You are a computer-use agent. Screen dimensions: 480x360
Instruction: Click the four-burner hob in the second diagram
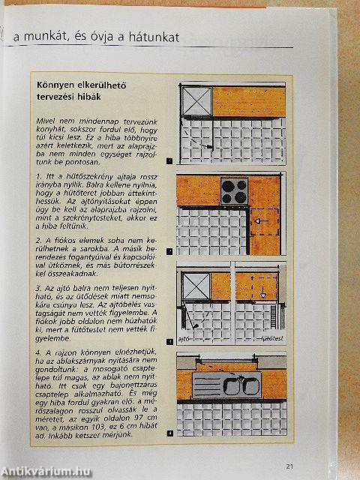(234, 190)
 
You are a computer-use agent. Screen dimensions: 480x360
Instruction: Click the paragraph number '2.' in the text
(39, 240)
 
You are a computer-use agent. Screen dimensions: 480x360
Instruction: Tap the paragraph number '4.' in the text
(39, 351)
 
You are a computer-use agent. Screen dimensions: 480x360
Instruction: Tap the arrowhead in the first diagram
(212, 148)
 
